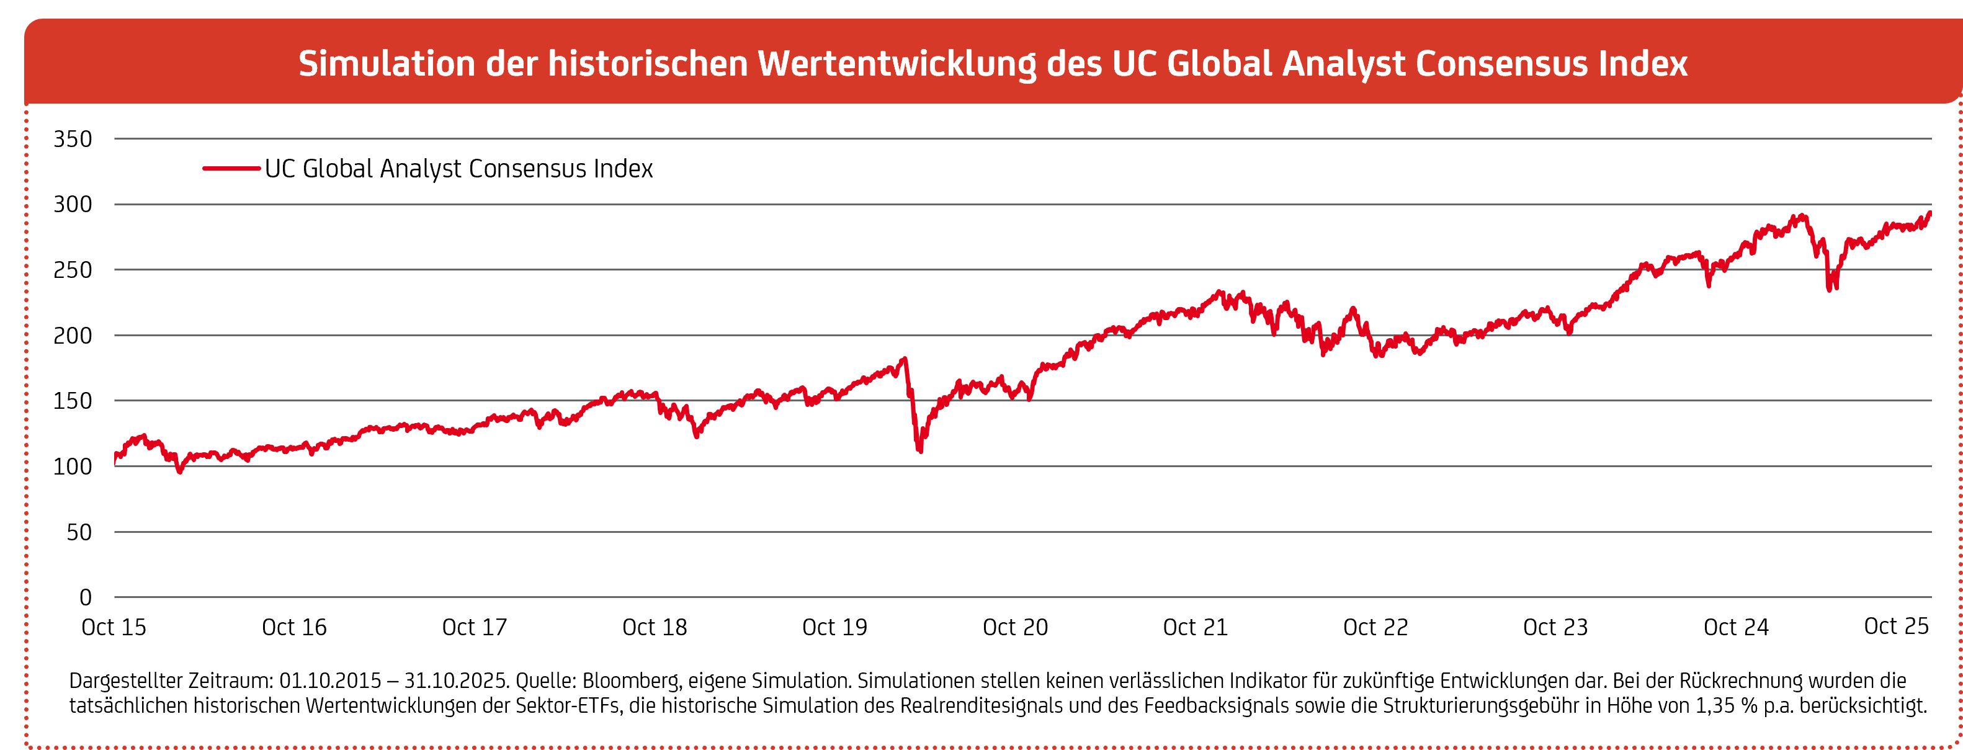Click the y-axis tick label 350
(x=73, y=140)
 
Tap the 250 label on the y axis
(x=73, y=270)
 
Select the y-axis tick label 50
(x=79, y=533)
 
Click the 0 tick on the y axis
(x=86, y=598)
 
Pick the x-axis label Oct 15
(x=114, y=628)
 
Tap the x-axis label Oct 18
(x=655, y=628)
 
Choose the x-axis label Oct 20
(x=1015, y=628)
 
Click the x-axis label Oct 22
(x=1375, y=628)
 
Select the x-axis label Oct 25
(x=1896, y=627)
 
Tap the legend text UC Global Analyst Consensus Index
(x=458, y=169)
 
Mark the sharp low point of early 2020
(x=921, y=450)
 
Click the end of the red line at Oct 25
(x=1929, y=213)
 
